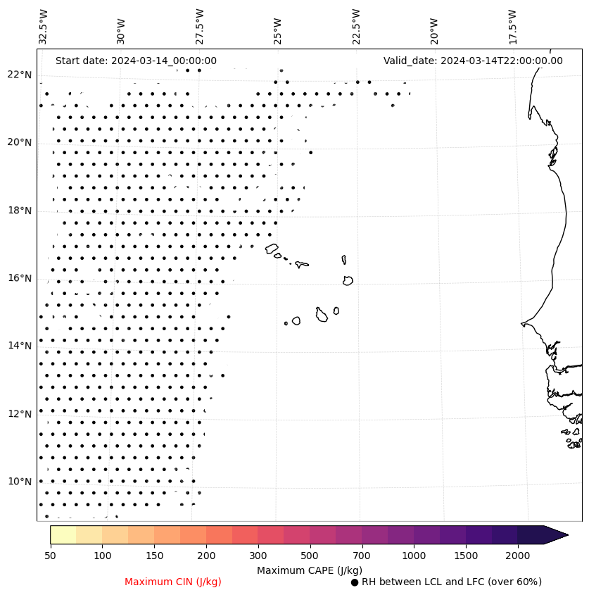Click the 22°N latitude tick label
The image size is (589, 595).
[19, 75]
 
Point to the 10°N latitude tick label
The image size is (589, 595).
[19, 482]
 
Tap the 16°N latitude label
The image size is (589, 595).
[19, 278]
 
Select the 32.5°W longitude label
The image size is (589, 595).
[44, 27]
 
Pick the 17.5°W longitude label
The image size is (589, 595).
[512, 27]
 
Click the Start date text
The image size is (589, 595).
[136, 61]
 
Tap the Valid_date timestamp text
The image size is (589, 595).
[473, 61]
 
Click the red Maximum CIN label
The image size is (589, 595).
[173, 582]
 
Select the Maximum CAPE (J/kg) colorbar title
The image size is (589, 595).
[309, 570]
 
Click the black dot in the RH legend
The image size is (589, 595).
[355, 582]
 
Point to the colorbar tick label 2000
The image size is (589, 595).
[517, 556]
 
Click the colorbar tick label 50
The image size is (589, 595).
[50, 556]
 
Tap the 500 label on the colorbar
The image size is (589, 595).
[310, 556]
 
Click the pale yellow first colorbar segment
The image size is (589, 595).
[63, 534]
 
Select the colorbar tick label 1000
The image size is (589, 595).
[414, 556]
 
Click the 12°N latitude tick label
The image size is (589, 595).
[19, 414]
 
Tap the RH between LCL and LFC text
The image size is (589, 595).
[451, 582]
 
